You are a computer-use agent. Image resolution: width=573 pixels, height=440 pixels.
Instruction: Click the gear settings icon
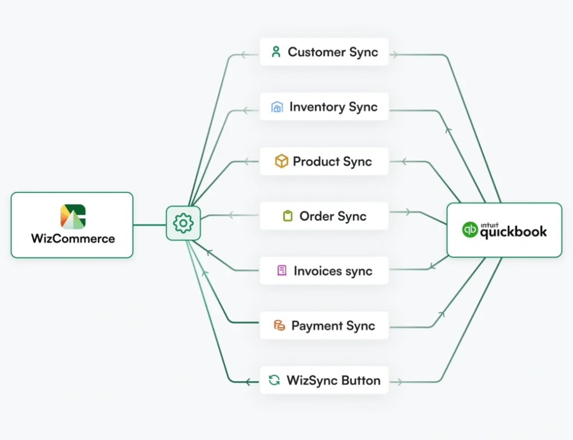click(x=183, y=223)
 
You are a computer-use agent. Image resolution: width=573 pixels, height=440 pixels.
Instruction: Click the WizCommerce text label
click(x=73, y=238)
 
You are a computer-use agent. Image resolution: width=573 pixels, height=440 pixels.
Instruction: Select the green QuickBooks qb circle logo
click(x=470, y=230)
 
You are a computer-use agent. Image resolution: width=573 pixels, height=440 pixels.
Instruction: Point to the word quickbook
click(x=513, y=232)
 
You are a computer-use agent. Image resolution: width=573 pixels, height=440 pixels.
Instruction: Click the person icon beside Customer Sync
click(x=275, y=52)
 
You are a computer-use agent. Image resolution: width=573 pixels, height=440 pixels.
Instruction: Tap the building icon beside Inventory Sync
click(x=277, y=107)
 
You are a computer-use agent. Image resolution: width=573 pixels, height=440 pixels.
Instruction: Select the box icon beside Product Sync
click(x=281, y=162)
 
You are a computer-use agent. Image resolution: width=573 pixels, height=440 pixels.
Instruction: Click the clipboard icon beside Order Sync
click(x=288, y=216)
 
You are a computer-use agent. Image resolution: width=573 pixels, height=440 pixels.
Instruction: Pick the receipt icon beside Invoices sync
click(x=282, y=271)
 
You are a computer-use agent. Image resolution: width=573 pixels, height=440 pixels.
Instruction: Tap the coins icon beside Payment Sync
click(x=279, y=326)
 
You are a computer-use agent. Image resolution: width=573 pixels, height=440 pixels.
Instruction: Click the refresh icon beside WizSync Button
click(x=274, y=381)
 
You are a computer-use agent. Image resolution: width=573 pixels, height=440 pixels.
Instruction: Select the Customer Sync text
click(x=333, y=52)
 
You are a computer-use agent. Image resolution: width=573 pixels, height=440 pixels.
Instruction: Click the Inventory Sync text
click(x=334, y=107)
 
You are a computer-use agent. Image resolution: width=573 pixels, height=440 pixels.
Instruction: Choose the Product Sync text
click(x=332, y=162)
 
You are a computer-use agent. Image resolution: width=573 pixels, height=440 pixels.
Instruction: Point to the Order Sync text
click(x=333, y=216)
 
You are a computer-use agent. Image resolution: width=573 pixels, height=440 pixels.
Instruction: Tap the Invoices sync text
click(x=333, y=271)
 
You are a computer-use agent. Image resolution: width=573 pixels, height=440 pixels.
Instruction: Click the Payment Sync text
click(x=333, y=326)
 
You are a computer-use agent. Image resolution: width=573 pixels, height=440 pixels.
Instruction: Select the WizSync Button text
click(x=334, y=381)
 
